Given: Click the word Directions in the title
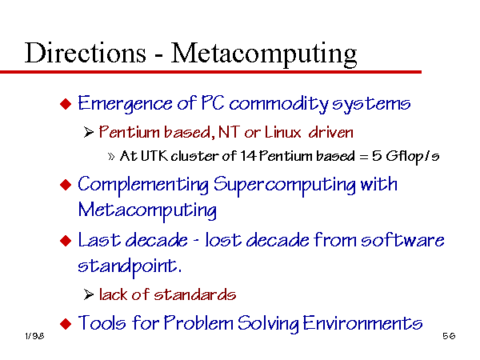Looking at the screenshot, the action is click(x=86, y=53).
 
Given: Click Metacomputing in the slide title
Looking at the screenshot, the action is click(x=264, y=54).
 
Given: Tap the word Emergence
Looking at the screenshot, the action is click(x=125, y=104).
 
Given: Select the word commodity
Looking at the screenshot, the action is click(x=278, y=104).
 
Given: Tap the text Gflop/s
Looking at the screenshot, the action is click(x=412, y=157).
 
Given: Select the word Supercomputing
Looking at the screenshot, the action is click(x=284, y=186).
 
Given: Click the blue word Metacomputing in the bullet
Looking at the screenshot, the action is click(x=147, y=211).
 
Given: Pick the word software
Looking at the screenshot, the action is click(x=402, y=240).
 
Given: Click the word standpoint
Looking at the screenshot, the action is click(x=130, y=266).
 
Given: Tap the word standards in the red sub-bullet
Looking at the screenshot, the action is click(x=194, y=294).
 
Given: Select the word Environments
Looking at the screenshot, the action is click(x=362, y=323).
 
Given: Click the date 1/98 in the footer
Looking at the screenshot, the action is click(x=34, y=336).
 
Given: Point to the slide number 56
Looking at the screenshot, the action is click(x=449, y=336).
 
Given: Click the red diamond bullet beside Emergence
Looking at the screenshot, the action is click(x=66, y=104).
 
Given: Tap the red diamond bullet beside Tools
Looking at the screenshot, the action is click(x=66, y=323).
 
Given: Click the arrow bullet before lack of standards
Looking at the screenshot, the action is click(x=89, y=294).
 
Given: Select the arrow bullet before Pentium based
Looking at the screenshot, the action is click(x=89, y=133).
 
